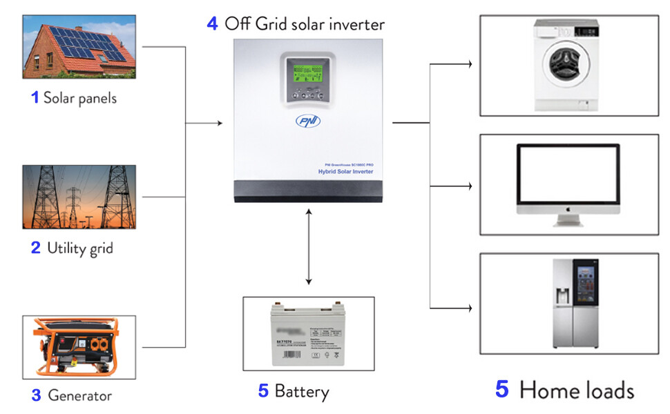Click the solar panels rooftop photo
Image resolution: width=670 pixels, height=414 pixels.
(x=79, y=47)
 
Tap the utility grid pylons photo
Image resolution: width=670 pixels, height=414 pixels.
(x=79, y=197)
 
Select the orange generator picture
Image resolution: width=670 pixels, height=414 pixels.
(x=79, y=347)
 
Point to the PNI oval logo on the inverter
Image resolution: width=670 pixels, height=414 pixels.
(x=307, y=121)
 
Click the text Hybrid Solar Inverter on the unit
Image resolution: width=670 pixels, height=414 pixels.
(x=345, y=171)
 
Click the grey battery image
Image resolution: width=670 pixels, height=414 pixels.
(x=309, y=334)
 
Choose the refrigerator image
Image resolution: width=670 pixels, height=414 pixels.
(x=573, y=304)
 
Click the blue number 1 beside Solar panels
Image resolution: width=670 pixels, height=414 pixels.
(x=35, y=98)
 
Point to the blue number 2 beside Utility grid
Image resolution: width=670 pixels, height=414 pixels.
(x=36, y=248)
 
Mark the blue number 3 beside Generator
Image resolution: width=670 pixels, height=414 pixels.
(x=36, y=396)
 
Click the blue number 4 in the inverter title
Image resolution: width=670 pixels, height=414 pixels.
(x=213, y=23)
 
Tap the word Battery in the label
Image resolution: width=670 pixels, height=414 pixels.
(x=302, y=392)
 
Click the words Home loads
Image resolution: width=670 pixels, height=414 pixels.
(x=577, y=390)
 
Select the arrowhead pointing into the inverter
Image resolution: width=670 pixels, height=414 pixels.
(x=220, y=124)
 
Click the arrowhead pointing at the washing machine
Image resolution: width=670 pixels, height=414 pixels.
(x=469, y=65)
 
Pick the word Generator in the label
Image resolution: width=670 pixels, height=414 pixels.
(x=79, y=396)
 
